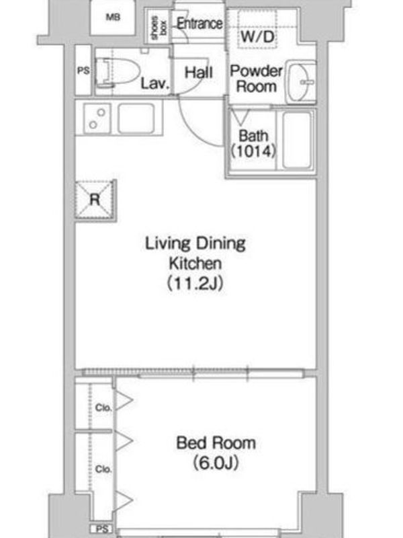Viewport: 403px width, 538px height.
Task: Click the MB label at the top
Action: pyautogui.click(x=113, y=17)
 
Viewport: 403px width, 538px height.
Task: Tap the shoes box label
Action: pyautogui.click(x=159, y=26)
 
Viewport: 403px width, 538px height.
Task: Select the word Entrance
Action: pyautogui.click(x=199, y=24)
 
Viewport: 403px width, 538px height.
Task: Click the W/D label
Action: pyautogui.click(x=258, y=36)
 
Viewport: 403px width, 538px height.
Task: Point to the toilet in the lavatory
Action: pyautogui.click(x=116, y=72)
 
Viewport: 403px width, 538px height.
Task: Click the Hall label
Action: pyautogui.click(x=199, y=73)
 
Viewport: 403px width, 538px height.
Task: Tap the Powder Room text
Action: pyautogui.click(x=257, y=79)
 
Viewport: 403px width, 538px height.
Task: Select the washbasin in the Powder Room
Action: pyautogui.click(x=300, y=82)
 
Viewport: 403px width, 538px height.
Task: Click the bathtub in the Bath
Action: pyautogui.click(x=297, y=140)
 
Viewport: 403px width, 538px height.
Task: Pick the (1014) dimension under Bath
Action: pyautogui.click(x=253, y=151)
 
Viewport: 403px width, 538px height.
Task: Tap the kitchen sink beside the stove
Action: pyautogui.click(x=136, y=118)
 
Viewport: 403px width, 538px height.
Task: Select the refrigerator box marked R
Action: pyautogui.click(x=95, y=200)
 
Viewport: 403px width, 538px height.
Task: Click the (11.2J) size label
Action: pyautogui.click(x=195, y=283)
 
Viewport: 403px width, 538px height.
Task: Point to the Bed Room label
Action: pyautogui.click(x=216, y=443)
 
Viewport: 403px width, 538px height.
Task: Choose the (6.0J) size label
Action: pyautogui.click(x=216, y=463)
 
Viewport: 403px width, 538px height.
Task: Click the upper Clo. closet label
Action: pyautogui.click(x=103, y=408)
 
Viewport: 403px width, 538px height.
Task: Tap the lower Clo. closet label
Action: pyautogui.click(x=103, y=469)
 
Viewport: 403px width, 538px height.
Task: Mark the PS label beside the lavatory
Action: pyautogui.click(x=83, y=71)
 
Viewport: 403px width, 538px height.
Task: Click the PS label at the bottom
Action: pyautogui.click(x=102, y=529)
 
